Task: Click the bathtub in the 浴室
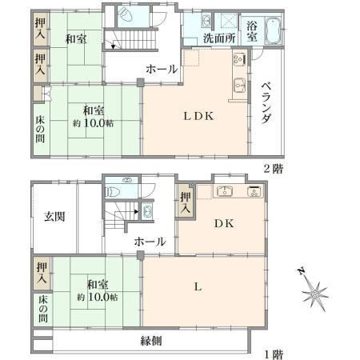(x=273, y=30)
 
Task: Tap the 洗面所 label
(x=219, y=38)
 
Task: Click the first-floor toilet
(x=113, y=192)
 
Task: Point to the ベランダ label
(x=267, y=102)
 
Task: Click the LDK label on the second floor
(x=198, y=116)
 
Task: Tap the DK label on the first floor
(x=224, y=223)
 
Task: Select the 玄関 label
(x=54, y=216)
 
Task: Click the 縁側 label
(x=151, y=341)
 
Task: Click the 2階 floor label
(x=273, y=169)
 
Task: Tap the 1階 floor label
(x=274, y=354)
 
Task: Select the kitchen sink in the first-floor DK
(x=225, y=191)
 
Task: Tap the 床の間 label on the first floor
(x=43, y=309)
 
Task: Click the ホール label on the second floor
(x=162, y=70)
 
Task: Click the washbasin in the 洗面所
(x=206, y=21)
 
